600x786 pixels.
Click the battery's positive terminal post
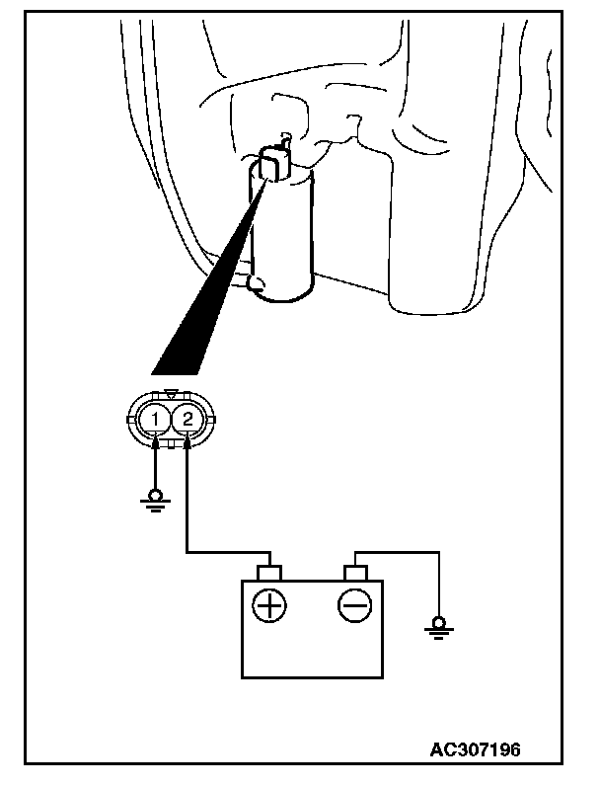(268, 573)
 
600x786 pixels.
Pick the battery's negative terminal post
(354, 573)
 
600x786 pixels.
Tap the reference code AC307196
(475, 748)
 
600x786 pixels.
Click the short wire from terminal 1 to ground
(155, 464)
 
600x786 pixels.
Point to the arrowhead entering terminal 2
(186, 443)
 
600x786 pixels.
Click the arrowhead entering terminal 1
(155, 443)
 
